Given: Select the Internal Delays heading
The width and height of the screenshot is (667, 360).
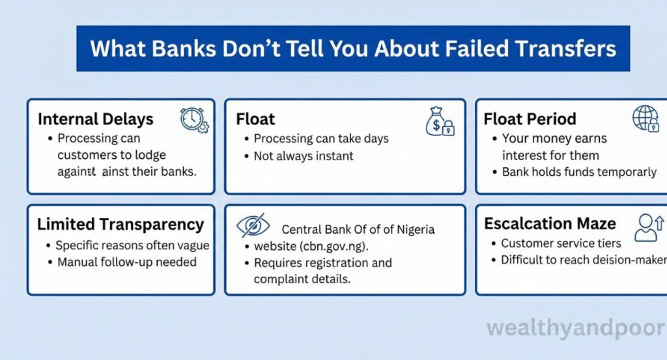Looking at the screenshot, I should click(x=96, y=119).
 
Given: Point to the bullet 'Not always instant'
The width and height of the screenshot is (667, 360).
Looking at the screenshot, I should click(x=304, y=156).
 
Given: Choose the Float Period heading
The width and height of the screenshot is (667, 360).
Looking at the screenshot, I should click(x=530, y=119).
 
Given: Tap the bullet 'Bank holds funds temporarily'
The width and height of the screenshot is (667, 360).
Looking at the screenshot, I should click(x=579, y=172).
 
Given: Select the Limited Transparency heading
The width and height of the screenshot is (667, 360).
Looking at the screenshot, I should click(x=121, y=225).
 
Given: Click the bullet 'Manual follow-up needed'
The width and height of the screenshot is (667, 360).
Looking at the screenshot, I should click(x=126, y=262).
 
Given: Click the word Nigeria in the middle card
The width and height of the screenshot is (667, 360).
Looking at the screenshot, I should click(x=412, y=229).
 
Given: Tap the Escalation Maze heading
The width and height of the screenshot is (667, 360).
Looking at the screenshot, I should click(x=550, y=224).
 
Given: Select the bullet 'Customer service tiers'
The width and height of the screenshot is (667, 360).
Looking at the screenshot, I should click(x=561, y=243).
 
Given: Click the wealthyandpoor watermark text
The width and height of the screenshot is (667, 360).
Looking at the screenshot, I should click(x=576, y=326).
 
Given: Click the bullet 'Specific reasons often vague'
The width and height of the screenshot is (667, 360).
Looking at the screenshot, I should click(x=132, y=245).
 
